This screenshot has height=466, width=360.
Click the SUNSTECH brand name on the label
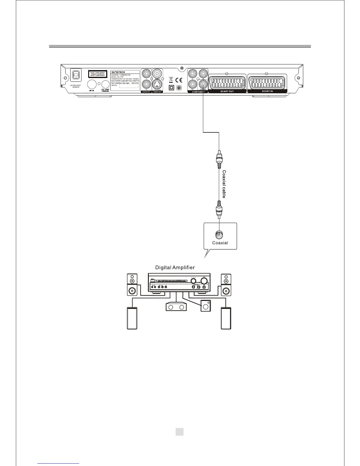click(x=118, y=72)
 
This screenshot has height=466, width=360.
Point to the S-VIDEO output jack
click(x=157, y=85)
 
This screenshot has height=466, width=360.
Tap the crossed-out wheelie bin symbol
click(x=171, y=79)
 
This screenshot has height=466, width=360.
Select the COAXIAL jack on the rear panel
click(x=203, y=84)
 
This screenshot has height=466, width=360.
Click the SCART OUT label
click(x=227, y=91)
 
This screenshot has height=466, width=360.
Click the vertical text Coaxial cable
click(x=224, y=184)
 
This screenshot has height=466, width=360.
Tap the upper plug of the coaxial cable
click(x=219, y=160)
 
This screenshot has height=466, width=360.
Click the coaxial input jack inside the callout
click(x=219, y=235)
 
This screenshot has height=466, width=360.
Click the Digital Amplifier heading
click(x=175, y=267)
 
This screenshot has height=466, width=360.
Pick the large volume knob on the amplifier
click(x=204, y=280)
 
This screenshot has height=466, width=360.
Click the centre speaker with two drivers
click(x=176, y=307)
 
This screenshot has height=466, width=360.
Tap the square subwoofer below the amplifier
click(x=205, y=306)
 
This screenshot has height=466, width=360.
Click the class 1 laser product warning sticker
click(x=98, y=74)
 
